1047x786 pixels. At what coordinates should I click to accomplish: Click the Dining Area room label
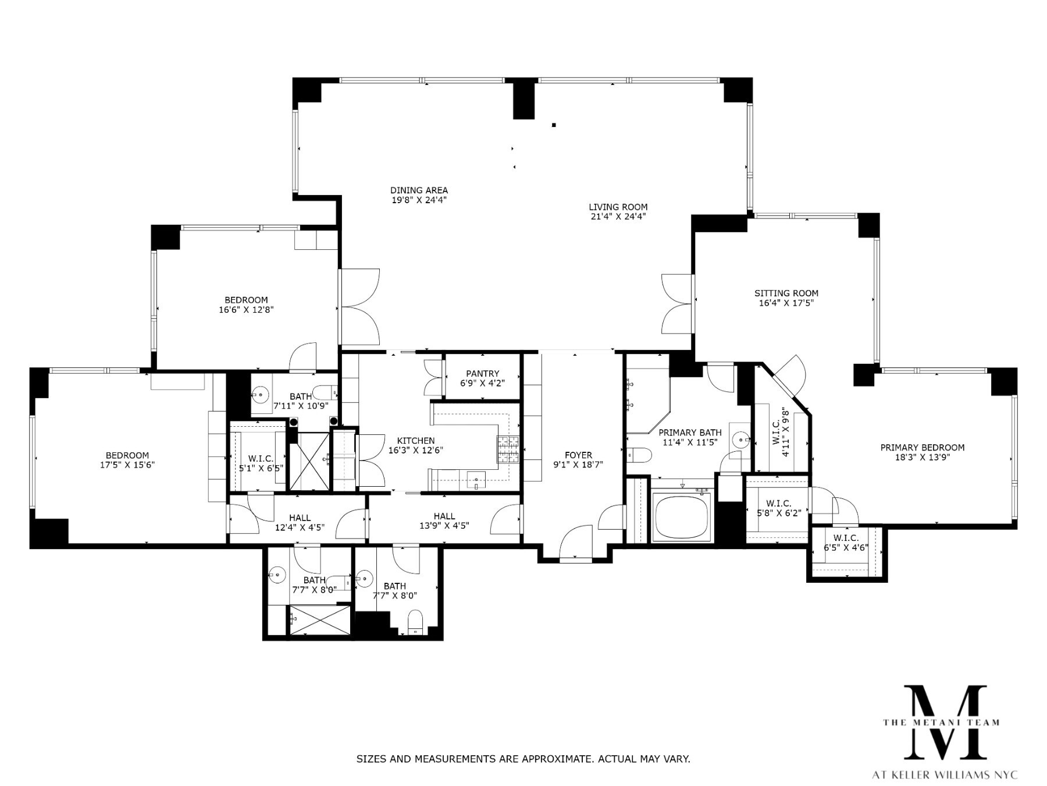419,190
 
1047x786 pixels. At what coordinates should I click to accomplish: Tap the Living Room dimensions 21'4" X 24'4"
618,217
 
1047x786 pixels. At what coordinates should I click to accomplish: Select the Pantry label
482,374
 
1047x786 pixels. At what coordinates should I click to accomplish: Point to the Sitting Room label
786,293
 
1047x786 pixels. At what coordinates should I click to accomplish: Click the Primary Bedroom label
922,448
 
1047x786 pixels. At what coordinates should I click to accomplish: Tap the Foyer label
578,455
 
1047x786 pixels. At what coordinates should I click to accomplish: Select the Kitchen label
415,441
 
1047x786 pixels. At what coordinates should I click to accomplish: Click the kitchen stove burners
507,449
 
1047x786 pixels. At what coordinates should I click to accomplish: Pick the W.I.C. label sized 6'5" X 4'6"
846,539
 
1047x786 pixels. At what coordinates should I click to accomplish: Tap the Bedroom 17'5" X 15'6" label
127,455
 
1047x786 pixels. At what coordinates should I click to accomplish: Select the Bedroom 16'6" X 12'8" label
246,300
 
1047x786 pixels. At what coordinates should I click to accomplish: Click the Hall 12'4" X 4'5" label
300,518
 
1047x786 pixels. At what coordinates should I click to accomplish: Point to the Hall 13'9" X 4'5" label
444,516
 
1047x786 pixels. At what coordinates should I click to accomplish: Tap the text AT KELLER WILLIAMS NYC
945,775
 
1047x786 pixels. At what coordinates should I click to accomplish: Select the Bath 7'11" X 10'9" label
301,397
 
